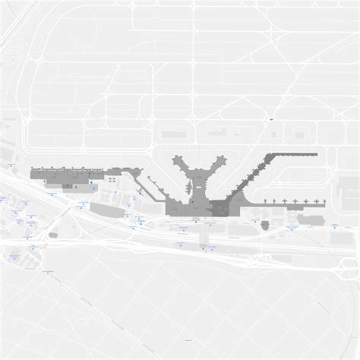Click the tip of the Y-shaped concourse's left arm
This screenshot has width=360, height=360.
coord(175,157)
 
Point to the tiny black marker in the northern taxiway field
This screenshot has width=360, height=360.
coord(271,120)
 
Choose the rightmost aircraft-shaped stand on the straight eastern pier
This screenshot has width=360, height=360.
coord(321,201)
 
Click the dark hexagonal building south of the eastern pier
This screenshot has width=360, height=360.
coord(264,224)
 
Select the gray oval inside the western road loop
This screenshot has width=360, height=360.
coord(53,234)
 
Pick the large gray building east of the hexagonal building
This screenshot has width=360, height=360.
coord(308,220)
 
